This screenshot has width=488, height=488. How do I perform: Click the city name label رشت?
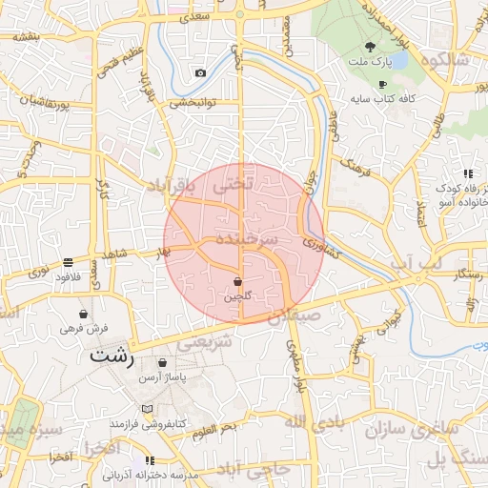(112, 356)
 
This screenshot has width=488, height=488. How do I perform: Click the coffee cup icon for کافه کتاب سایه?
(382, 84)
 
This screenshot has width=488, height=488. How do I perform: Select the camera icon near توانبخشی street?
(200, 73)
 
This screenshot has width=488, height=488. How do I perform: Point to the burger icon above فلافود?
(69, 262)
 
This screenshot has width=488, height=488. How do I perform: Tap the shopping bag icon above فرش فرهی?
(84, 314)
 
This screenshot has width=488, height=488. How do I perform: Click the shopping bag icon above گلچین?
(237, 282)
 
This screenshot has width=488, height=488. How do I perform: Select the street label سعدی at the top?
(203, 16)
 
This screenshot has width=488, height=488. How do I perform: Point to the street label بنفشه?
(27, 37)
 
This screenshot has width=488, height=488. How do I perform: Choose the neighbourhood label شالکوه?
(437, 61)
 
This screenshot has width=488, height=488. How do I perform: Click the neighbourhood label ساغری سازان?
(413, 430)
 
